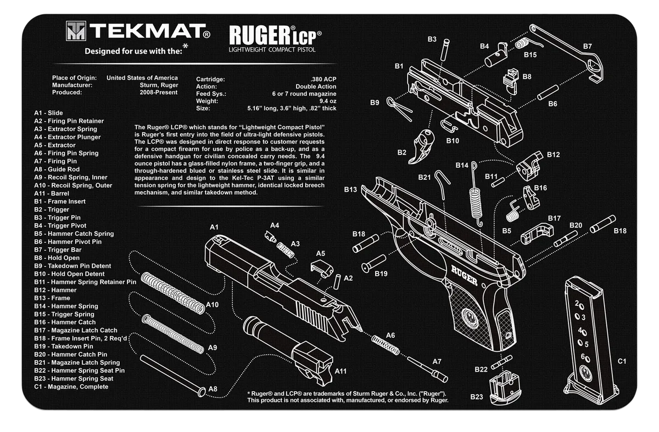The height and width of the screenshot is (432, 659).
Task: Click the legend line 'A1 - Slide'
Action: [x=48, y=113]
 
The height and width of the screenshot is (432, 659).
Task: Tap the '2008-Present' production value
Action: [x=158, y=93]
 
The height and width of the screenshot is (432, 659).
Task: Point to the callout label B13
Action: [x=350, y=190]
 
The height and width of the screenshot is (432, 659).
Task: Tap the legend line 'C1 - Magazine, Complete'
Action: [x=71, y=386]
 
